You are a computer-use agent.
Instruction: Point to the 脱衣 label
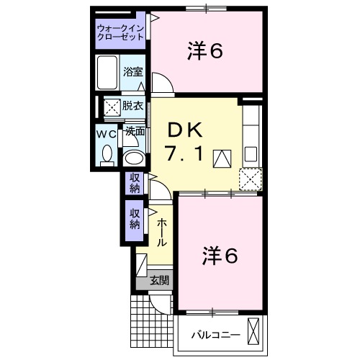point(132,106)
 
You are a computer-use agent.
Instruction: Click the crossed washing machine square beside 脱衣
point(112,107)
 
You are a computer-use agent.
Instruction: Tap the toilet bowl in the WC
point(107,153)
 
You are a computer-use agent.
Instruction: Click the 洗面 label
point(135,132)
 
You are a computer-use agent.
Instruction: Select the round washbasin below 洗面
point(132,158)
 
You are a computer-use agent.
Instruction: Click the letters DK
point(186,130)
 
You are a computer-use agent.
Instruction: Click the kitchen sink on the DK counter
point(251,153)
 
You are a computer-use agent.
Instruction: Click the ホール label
point(163,233)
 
